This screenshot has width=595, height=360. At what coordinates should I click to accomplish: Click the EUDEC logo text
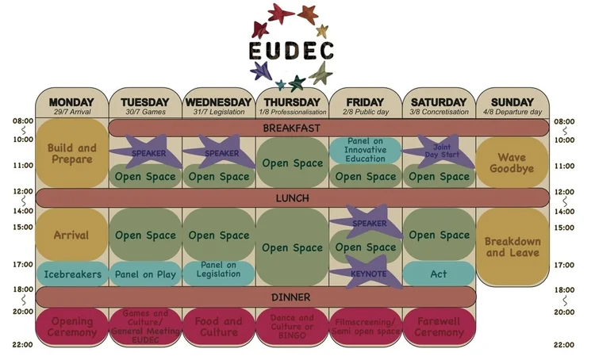pyautogui.click(x=290, y=52)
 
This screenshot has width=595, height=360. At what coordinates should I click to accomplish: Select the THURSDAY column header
pyautogui.click(x=291, y=102)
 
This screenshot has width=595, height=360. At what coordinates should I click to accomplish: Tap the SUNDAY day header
pyautogui.click(x=512, y=102)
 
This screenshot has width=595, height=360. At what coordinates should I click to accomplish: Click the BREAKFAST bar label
pyautogui.click(x=291, y=127)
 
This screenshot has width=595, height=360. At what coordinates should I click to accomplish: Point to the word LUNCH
pyautogui.click(x=291, y=197)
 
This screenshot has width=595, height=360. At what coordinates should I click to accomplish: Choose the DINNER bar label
pyautogui.click(x=291, y=297)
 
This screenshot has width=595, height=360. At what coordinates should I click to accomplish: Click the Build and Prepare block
pyautogui.click(x=71, y=154)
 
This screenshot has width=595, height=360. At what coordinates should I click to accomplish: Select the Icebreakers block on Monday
pyautogui.click(x=71, y=274)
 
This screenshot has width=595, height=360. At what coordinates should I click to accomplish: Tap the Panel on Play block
pyautogui.click(x=144, y=274)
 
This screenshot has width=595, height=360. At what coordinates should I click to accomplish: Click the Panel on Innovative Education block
pyautogui.click(x=366, y=150)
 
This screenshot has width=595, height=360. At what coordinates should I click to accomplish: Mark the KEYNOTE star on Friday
pyautogui.click(x=367, y=273)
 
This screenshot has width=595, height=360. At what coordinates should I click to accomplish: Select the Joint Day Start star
pyautogui.click(x=439, y=151)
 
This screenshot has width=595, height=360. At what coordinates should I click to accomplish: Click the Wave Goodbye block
pyautogui.click(x=512, y=163)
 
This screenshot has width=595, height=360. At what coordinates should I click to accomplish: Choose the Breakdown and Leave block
pyautogui.click(x=512, y=247)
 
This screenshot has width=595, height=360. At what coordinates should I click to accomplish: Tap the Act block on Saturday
pyautogui.click(x=439, y=274)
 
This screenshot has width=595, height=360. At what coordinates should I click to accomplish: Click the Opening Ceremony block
pyautogui.click(x=71, y=327)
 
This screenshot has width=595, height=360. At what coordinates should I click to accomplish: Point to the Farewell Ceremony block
pyautogui.click(x=439, y=327)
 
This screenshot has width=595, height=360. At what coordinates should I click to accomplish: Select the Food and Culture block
pyautogui.click(x=219, y=327)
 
